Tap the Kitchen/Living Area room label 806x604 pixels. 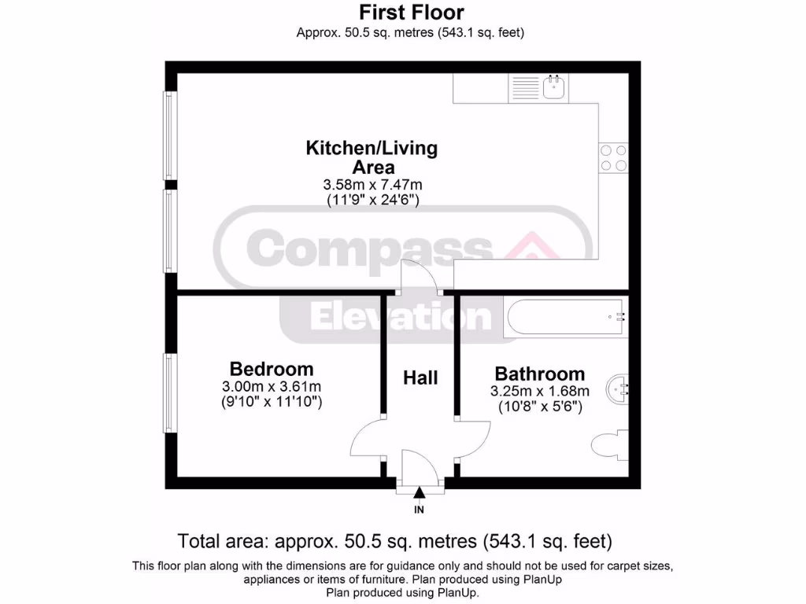point(372,157)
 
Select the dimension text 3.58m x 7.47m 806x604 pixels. point(372,185)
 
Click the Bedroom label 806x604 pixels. point(271,369)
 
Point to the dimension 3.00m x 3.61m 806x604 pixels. point(271,387)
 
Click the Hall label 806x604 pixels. point(420,378)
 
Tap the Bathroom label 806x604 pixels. point(539,374)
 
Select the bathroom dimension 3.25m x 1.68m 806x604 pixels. point(539,392)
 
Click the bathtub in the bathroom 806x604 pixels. point(566,317)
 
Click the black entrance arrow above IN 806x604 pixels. point(420,493)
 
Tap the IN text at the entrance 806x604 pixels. point(420,510)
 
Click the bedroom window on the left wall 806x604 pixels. point(168,392)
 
